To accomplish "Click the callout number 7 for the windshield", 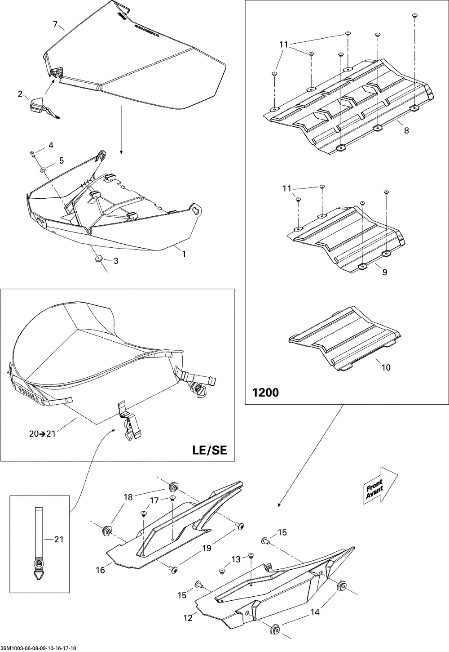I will click(x=56, y=24).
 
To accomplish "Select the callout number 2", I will click(x=20, y=94).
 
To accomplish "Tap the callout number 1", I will click(x=183, y=254).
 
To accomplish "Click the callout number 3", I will click(x=116, y=261).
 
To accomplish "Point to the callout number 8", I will click(x=406, y=131).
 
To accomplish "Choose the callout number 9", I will click(x=384, y=272).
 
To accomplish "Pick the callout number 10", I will click(x=386, y=367).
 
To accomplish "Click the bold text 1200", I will click(x=266, y=393).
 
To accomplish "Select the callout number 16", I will click(x=100, y=570).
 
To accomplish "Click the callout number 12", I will click(x=188, y=618).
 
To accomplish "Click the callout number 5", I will click(x=62, y=161).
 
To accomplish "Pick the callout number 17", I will click(x=154, y=500).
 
